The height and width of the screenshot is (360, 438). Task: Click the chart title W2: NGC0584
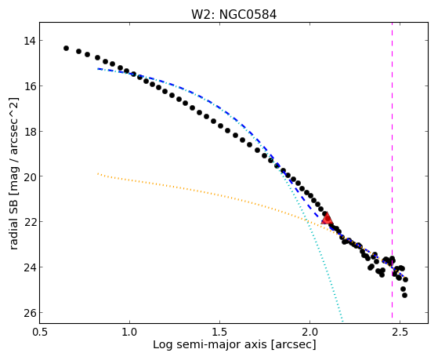[x=233, y=14]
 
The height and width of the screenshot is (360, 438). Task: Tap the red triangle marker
[x=327, y=219]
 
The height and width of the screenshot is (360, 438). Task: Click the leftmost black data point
[x=66, y=48]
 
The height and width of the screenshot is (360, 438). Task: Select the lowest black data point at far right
[x=404, y=295]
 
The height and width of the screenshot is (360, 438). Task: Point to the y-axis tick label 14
[x=30, y=41]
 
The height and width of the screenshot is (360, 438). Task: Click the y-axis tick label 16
[x=30, y=86]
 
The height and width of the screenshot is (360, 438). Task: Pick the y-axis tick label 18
[x=30, y=132]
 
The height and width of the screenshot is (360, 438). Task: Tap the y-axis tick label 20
[x=30, y=176]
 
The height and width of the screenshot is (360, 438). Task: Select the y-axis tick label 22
[x=30, y=222]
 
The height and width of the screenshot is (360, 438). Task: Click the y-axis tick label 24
[x=30, y=267]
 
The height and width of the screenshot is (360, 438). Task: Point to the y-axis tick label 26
[x=30, y=313]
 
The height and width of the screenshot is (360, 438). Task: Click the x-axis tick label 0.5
[x=40, y=332]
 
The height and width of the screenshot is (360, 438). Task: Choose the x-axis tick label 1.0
[x=129, y=332]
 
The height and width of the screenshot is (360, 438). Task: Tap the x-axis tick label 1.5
[x=220, y=332]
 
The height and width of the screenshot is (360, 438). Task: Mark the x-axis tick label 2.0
[x=309, y=332]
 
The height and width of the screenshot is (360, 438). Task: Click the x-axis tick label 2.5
[x=400, y=332]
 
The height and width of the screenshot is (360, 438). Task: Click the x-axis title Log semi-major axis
[x=210, y=344]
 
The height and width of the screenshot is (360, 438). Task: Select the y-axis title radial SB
[x=13, y=226]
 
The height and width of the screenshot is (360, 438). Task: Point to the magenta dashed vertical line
[x=393, y=170]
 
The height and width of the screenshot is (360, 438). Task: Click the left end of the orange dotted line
[x=98, y=173]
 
